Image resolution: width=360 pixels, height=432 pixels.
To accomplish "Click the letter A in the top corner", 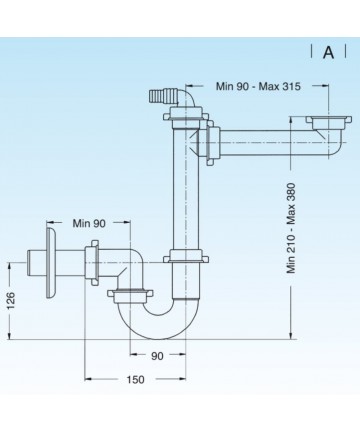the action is [328, 52].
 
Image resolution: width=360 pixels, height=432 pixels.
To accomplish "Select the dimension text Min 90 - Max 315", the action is [258, 86].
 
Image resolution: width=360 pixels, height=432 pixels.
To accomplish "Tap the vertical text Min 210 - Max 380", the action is [291, 228].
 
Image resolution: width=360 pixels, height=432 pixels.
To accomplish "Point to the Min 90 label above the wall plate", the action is [89, 223].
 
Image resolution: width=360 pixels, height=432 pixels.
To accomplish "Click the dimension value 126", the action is [11, 300].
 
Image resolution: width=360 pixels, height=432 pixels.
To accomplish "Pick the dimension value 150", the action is [135, 379].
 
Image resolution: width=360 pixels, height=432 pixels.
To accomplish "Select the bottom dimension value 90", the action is [157, 356].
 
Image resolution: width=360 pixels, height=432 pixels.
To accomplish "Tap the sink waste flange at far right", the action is [328, 122].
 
